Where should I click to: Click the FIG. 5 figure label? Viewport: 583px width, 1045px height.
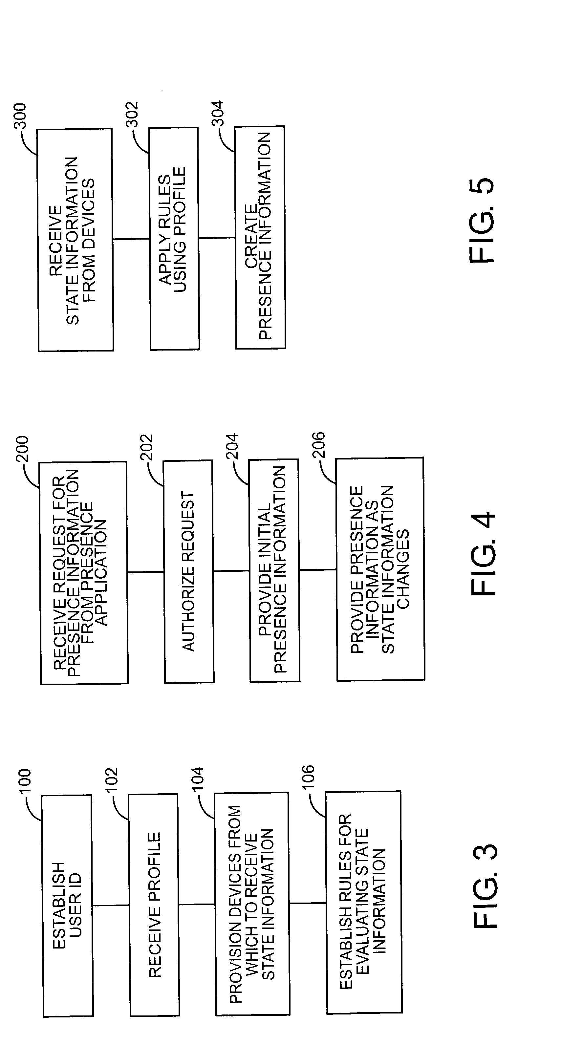click(x=482, y=221)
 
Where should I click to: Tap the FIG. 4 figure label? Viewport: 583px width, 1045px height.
click(x=483, y=553)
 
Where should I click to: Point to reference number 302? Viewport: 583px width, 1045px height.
click(x=132, y=115)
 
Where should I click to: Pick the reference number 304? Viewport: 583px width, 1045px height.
click(x=218, y=114)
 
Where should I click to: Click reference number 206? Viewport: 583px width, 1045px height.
click(x=318, y=445)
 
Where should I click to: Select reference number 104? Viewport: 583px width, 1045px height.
click(x=197, y=778)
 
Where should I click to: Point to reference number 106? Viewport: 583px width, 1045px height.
click(x=308, y=777)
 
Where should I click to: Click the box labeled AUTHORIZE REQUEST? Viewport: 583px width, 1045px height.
click(x=189, y=572)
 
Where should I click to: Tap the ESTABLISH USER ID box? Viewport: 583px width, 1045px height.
click(x=68, y=906)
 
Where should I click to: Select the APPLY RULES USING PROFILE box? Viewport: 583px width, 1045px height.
click(x=174, y=239)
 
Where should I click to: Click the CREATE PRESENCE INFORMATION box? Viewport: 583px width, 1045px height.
click(x=260, y=238)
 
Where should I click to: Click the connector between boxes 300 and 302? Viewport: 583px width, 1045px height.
click(x=131, y=239)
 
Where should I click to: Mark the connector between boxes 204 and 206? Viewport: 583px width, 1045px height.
click(x=318, y=569)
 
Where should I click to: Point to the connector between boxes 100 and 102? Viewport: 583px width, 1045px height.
click(x=111, y=906)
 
